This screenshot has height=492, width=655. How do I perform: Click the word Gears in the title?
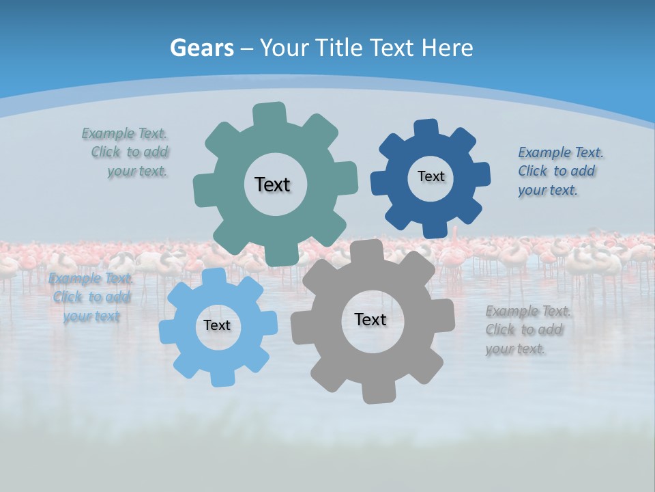tap(201, 48)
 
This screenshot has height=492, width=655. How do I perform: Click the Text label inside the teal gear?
tap(272, 184)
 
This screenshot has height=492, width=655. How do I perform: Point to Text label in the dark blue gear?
tap(431, 176)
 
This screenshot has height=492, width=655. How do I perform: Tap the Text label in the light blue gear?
tap(217, 326)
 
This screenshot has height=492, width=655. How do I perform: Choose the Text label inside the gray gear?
tap(370, 319)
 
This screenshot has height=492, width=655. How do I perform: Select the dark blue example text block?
tap(559, 172)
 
